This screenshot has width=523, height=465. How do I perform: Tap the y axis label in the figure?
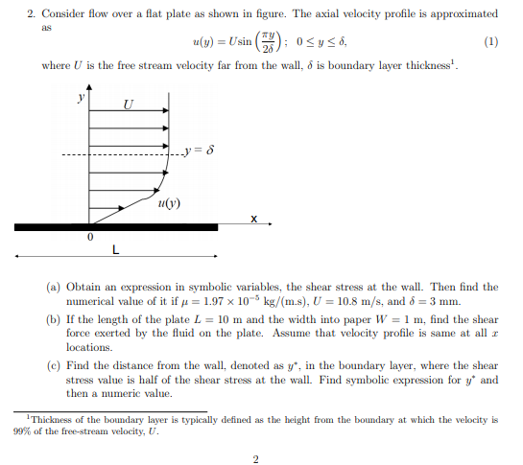click(81, 97)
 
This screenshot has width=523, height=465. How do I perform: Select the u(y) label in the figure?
click(168, 202)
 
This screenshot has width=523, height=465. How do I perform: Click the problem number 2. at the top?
click(31, 14)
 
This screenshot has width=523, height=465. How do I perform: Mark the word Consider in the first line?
click(63, 14)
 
